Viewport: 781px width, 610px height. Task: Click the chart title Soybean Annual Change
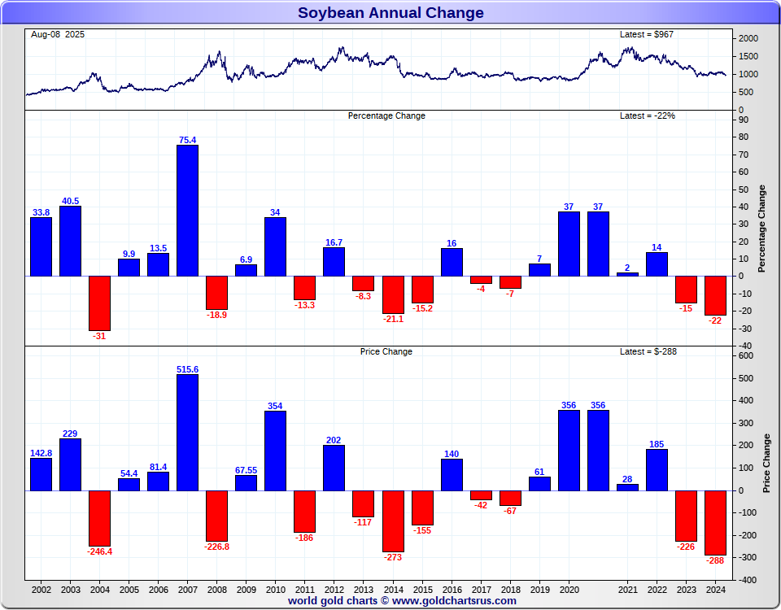(390, 13)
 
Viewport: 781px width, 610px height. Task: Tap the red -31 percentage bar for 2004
(99, 303)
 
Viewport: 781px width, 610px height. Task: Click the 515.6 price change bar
(187, 432)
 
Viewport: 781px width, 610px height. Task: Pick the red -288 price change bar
(715, 522)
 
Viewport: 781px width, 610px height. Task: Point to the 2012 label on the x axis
(334, 589)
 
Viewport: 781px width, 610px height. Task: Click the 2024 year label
(715, 589)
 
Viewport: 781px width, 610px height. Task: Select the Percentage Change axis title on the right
(761, 229)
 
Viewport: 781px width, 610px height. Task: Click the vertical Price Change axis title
(766, 463)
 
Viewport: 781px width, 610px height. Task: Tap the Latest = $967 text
(647, 35)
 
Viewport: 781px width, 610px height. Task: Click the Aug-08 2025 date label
(58, 35)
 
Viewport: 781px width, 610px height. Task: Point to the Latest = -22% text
(648, 115)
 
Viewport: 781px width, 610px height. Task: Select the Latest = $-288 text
(648, 351)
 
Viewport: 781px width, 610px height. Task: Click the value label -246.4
(99, 551)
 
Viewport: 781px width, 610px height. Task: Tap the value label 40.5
(70, 201)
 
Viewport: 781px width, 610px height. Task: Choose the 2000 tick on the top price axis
(749, 39)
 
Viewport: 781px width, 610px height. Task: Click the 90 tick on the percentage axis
(744, 120)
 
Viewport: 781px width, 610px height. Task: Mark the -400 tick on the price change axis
(746, 580)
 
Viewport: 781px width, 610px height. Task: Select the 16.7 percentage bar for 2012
(334, 261)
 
